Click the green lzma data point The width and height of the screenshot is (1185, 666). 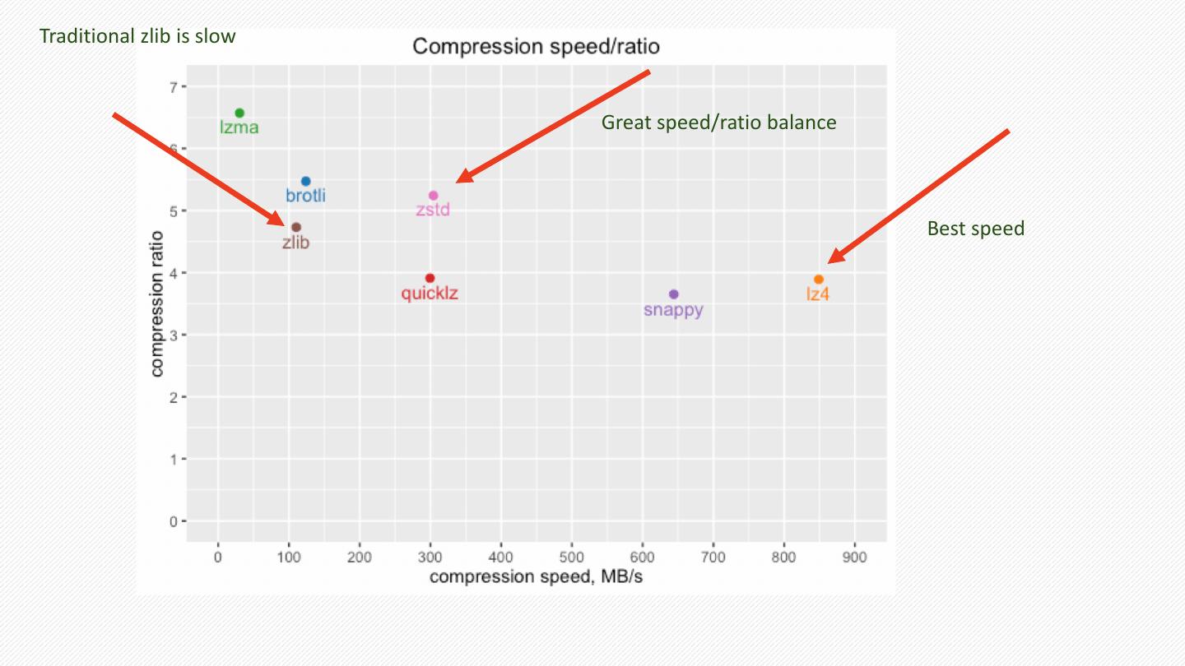pyautogui.click(x=239, y=113)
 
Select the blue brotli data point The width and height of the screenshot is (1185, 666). pyautogui.click(x=305, y=181)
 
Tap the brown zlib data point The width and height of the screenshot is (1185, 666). pyautogui.click(x=296, y=227)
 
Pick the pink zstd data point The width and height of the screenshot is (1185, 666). pyautogui.click(x=434, y=196)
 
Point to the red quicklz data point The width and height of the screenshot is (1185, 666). pyautogui.click(x=430, y=278)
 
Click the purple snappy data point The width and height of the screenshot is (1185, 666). pyautogui.click(x=674, y=294)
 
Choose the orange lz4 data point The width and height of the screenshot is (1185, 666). pyautogui.click(x=819, y=280)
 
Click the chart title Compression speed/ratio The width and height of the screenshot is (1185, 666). pyautogui.click(x=536, y=46)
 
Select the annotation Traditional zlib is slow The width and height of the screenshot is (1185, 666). pyautogui.click(x=137, y=36)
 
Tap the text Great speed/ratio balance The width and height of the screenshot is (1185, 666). pyautogui.click(x=718, y=123)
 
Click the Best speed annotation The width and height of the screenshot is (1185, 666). pyautogui.click(x=975, y=229)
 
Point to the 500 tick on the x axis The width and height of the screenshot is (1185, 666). pyautogui.click(x=572, y=557)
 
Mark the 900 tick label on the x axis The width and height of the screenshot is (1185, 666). pyautogui.click(x=855, y=557)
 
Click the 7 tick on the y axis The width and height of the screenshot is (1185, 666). pyautogui.click(x=173, y=86)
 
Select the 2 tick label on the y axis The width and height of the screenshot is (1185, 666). pyautogui.click(x=173, y=397)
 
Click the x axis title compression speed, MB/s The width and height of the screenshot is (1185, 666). pyautogui.click(x=536, y=576)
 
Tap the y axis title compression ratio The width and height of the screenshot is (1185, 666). pyautogui.click(x=157, y=304)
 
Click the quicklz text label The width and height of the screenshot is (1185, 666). pyautogui.click(x=430, y=294)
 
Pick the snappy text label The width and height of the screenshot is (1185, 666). pyautogui.click(x=673, y=310)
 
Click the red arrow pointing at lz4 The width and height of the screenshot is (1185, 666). pyautogui.click(x=918, y=197)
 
